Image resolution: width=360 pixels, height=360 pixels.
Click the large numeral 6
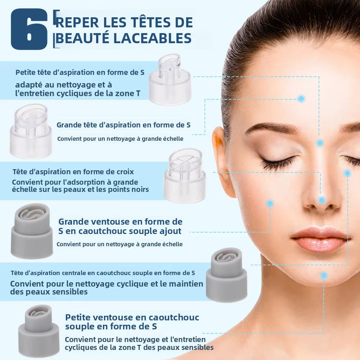(29, 30)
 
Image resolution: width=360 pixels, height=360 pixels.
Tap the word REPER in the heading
(77, 22)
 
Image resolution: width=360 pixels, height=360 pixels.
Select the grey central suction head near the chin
(227, 275)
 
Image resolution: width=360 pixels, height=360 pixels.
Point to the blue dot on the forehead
(301, 99)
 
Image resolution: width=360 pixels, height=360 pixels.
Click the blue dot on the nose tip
(322, 200)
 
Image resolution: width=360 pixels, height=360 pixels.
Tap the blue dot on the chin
(324, 276)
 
